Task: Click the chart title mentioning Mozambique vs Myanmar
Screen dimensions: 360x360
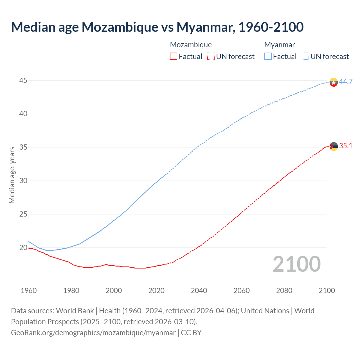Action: pyautogui.click(x=157, y=27)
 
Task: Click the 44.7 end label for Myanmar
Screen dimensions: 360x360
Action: pyautogui.click(x=346, y=82)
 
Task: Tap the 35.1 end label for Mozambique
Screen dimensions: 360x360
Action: pyautogui.click(x=346, y=146)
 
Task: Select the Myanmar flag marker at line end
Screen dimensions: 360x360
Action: pyautogui.click(x=334, y=82)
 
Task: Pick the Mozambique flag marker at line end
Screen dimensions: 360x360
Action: pyautogui.click(x=334, y=146)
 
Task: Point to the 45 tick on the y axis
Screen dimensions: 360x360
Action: pyautogui.click(x=23, y=81)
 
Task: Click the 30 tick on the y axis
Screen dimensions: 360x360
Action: pyautogui.click(x=23, y=181)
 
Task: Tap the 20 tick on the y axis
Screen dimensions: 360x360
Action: pyautogui.click(x=23, y=247)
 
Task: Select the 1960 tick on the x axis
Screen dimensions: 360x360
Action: pyautogui.click(x=29, y=291)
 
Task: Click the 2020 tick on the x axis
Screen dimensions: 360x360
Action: pyautogui.click(x=156, y=291)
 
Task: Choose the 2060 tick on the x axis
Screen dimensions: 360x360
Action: pyautogui.click(x=242, y=291)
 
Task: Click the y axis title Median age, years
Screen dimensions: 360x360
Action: pyautogui.click(x=12, y=175)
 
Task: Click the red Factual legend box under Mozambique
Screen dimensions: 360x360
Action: pyautogui.click(x=174, y=56)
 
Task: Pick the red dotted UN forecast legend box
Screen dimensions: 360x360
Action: pyautogui.click(x=211, y=56)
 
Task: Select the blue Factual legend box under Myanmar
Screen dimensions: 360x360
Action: pyautogui.click(x=268, y=56)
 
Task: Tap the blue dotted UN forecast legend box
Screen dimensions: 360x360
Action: pyautogui.click(x=305, y=56)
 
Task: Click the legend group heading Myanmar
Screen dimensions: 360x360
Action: pyautogui.click(x=280, y=45)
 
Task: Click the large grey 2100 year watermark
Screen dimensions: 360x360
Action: pyautogui.click(x=297, y=264)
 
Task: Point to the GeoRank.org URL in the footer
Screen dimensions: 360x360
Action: pyautogui.click(x=93, y=333)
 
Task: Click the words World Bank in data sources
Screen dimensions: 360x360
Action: pyautogui.click(x=75, y=311)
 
